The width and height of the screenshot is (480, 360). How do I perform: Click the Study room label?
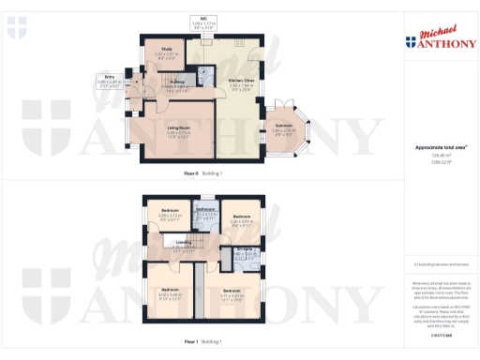(x=167, y=51)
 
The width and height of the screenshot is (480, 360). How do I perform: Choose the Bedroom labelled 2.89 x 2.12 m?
(x=170, y=212)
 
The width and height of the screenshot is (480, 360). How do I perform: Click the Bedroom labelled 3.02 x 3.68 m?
(x=170, y=266)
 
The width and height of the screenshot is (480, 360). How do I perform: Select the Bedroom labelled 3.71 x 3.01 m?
(x=232, y=266)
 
